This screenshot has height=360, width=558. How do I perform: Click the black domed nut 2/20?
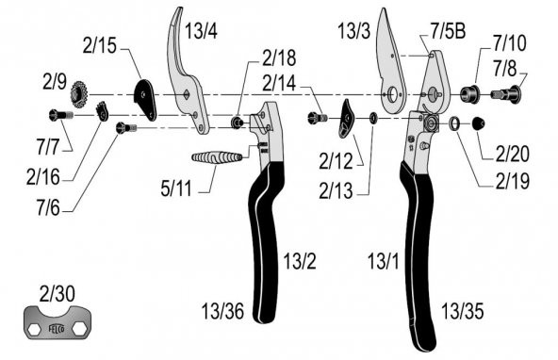(477, 123)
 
